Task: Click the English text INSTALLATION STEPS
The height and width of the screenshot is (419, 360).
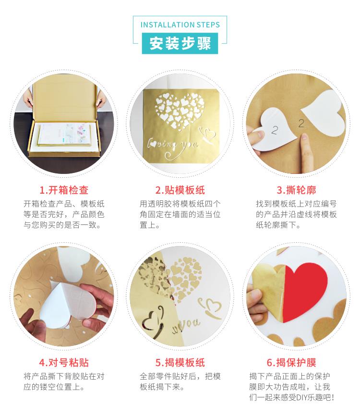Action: pyautogui.click(x=180, y=25)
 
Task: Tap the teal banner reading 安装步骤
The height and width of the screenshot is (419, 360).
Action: pyautogui.click(x=180, y=43)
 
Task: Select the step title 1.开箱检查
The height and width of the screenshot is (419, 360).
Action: pyautogui.click(x=64, y=190)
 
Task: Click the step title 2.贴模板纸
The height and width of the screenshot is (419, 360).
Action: pyautogui.click(x=180, y=190)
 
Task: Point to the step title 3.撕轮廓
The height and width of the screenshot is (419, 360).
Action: pyautogui.click(x=296, y=190)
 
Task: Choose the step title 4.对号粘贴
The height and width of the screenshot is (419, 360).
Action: pyautogui.click(x=64, y=363)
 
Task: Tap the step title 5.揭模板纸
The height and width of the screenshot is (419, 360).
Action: pyautogui.click(x=180, y=363)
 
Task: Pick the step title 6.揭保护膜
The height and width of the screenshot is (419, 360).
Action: pyautogui.click(x=291, y=363)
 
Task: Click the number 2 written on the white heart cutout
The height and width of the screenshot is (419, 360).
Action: pyautogui.click(x=275, y=130)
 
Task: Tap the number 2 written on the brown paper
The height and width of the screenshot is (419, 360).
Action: pyautogui.click(x=301, y=123)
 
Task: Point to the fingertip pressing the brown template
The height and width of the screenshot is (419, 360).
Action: pyautogui.click(x=304, y=139)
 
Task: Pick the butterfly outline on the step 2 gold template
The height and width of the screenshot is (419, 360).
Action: pyautogui.click(x=208, y=134)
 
